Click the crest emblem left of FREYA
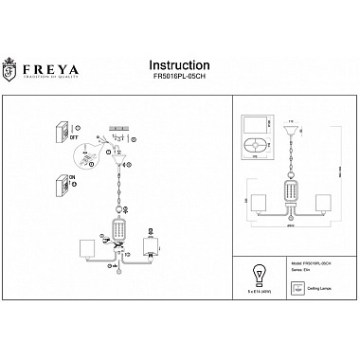(14, 47)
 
